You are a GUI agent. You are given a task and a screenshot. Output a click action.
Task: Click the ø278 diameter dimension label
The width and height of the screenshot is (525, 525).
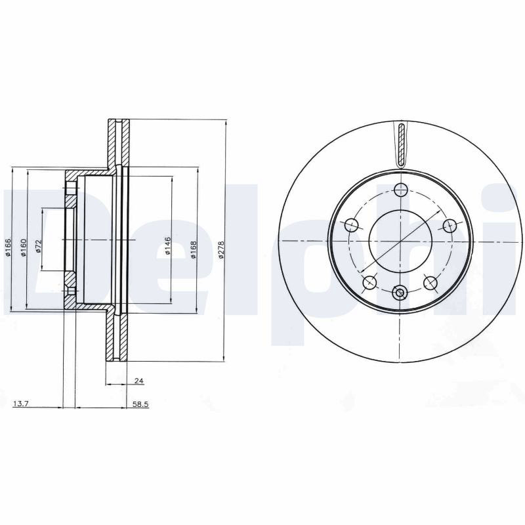click(220, 249)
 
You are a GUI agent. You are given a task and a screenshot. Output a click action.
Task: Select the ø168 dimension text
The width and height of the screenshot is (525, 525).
click(193, 249)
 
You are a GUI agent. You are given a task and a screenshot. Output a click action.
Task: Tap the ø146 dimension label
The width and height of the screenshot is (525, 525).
click(168, 245)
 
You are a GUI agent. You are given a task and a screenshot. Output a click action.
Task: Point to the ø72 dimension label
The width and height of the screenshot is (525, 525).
click(38, 246)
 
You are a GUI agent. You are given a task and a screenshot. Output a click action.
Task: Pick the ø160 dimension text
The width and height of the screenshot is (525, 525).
click(23, 247)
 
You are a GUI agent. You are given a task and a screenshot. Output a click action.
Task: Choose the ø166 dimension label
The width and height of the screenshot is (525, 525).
click(8, 247)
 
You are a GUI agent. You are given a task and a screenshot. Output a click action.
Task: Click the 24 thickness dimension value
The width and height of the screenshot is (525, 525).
click(138, 381)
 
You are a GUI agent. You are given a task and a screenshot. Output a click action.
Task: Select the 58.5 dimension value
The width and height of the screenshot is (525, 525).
click(140, 404)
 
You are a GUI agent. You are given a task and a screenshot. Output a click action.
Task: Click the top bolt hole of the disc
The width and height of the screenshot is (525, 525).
click(400, 190)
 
